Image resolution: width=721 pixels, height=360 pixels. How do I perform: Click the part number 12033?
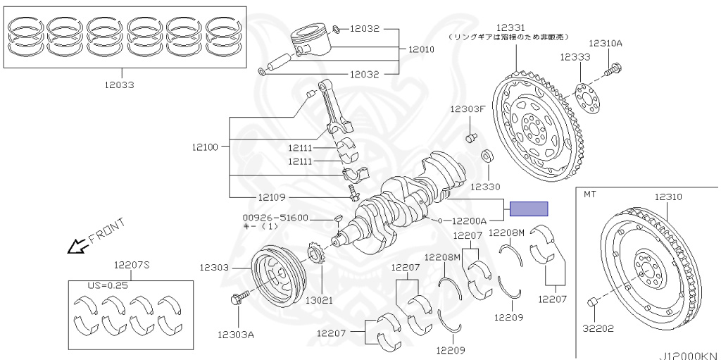(x=120, y=85)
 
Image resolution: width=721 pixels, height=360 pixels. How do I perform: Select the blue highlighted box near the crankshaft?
(x=529, y=209)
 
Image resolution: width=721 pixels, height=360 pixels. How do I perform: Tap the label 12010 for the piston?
(x=421, y=50)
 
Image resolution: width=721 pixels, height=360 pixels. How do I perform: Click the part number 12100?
(x=204, y=147)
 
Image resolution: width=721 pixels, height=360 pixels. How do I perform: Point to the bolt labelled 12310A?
(x=617, y=69)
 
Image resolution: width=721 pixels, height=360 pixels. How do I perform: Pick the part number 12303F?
(x=469, y=108)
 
